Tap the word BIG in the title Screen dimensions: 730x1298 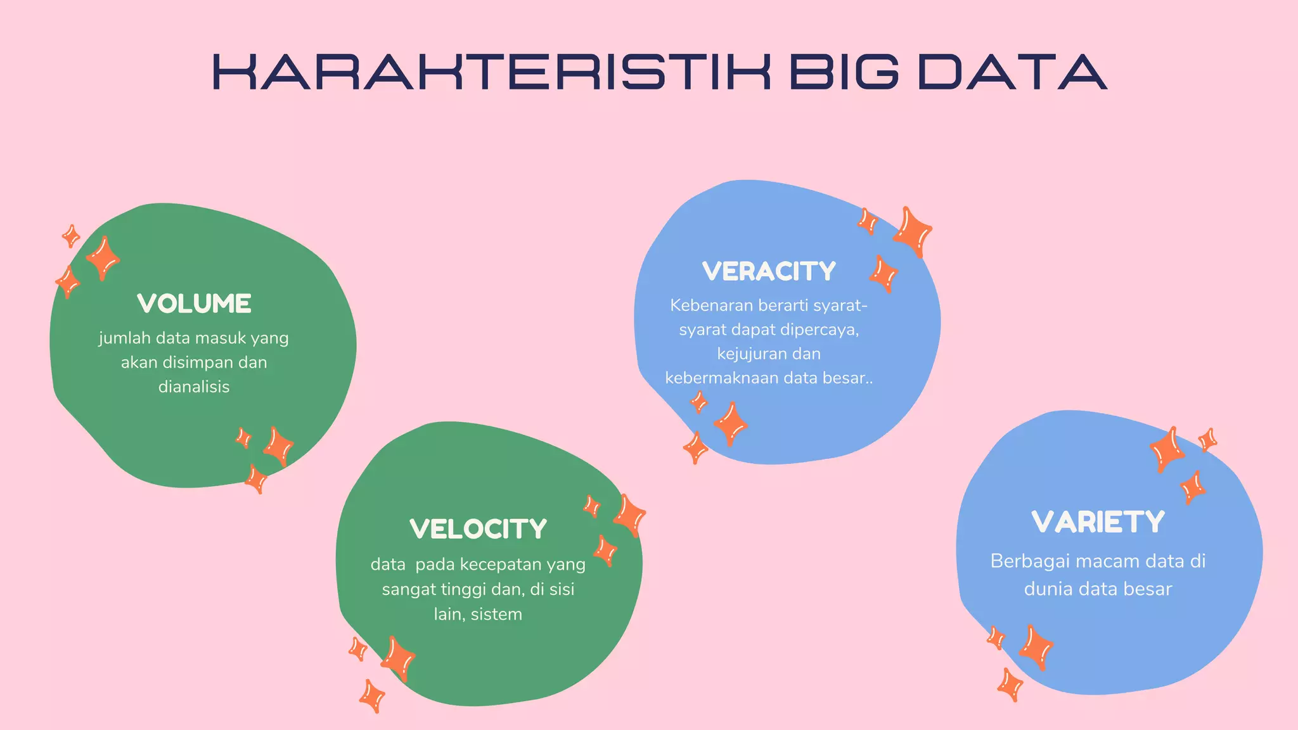click(844, 72)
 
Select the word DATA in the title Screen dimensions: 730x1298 click(1012, 72)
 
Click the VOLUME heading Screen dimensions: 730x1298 click(194, 304)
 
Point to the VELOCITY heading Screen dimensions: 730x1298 click(478, 529)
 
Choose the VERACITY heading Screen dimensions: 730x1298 click(769, 272)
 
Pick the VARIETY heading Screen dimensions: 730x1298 click(1098, 522)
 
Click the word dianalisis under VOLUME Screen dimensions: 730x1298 click(194, 387)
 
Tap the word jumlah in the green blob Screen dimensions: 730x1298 click(124, 338)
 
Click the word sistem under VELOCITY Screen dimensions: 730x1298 click(496, 614)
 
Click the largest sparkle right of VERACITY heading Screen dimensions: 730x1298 click(912, 231)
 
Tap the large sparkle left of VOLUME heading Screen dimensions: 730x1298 click(103, 258)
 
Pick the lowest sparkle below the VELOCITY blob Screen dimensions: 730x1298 click(372, 696)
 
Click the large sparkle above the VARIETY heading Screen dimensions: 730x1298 click(1166, 449)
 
